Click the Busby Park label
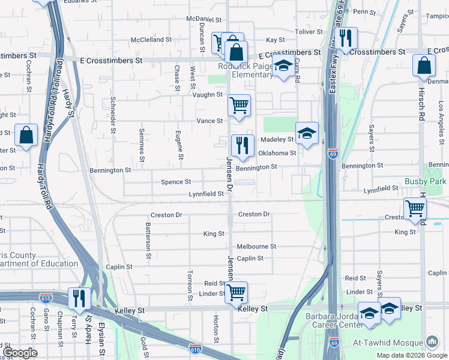point(426,181)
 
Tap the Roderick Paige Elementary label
point(246,71)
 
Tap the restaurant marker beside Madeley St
point(242,146)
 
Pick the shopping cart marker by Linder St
point(237,293)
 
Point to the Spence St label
point(176,182)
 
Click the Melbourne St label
point(256,247)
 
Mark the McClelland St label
point(151,40)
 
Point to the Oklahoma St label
point(277,153)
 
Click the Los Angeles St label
point(440,115)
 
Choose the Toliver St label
point(309,32)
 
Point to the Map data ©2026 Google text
point(412,355)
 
